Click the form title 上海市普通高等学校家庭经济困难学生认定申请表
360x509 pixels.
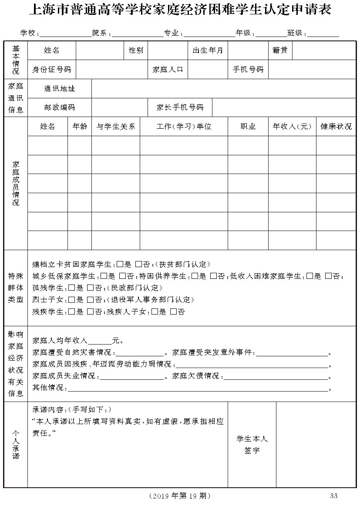[180, 10]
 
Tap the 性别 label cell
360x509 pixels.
[136, 50]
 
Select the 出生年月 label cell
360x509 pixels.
[208, 50]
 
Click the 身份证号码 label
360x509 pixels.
[51, 69]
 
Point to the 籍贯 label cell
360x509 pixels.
[280, 50]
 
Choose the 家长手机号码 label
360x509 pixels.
[180, 107]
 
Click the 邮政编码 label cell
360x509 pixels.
[59, 107]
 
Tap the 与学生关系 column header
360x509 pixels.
[116, 127]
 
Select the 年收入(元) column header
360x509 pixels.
[292, 127]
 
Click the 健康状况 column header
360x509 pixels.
[336, 127]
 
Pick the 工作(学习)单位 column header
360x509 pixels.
[184, 127]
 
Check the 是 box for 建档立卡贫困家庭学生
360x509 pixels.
[120, 264]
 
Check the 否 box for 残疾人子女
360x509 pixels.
[173, 312]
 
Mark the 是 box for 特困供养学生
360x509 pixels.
[195, 276]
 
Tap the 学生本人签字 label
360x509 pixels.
[252, 445]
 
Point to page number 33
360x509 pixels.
[334, 496]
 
